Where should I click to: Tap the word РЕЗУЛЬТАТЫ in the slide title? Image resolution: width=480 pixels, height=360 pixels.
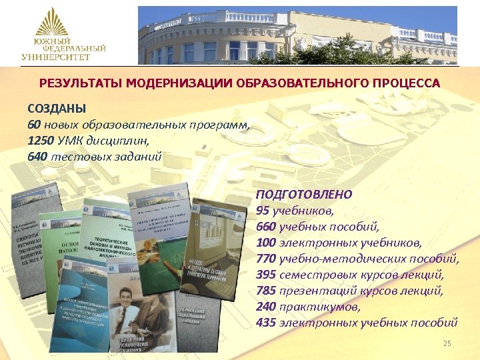76,83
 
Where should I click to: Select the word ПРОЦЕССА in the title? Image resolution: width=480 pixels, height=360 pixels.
406,83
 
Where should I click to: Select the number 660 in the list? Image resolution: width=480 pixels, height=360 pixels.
265,226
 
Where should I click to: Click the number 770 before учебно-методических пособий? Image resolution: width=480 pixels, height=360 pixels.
265,259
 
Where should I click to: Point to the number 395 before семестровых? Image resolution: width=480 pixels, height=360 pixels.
265,275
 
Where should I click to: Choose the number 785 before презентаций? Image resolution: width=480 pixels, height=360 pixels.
265,291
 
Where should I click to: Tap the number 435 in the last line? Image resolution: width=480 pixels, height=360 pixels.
265,323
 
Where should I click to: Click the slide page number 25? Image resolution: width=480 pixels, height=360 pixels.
447,343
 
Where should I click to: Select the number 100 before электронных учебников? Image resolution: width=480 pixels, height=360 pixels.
265,243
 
